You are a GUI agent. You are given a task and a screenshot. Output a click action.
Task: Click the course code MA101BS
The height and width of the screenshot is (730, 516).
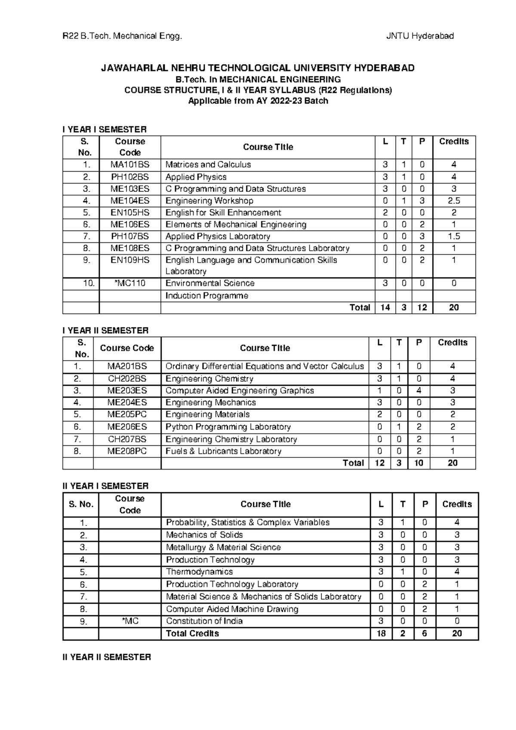130,165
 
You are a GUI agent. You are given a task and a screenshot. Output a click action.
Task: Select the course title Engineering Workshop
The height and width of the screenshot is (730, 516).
209,201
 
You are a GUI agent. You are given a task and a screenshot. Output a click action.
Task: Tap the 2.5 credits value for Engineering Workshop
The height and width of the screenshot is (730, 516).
454,201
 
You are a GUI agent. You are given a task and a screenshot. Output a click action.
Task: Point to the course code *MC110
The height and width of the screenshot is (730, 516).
130,283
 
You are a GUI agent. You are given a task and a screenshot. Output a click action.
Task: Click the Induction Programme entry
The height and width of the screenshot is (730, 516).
207,296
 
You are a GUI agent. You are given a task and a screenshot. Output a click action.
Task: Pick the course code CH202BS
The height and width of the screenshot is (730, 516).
127,379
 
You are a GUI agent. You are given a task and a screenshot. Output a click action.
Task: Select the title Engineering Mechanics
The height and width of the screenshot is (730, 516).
211,402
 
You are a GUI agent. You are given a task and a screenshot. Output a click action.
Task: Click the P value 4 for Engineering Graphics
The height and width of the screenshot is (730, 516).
419,391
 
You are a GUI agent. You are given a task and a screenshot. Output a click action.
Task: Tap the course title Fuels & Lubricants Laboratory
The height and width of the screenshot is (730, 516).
223,451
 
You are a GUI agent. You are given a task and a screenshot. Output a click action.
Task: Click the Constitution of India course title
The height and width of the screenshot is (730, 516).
204,621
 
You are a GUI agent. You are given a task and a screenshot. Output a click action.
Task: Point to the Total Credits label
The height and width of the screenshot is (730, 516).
192,634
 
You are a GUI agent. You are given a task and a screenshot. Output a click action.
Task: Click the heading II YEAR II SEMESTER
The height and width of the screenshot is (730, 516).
107,657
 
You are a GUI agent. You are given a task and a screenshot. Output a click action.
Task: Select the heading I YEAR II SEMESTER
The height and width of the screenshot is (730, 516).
105,331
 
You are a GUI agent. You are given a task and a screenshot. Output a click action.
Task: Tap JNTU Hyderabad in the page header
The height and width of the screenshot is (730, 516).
420,36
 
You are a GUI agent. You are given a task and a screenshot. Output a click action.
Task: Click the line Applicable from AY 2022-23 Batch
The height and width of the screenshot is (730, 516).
258,101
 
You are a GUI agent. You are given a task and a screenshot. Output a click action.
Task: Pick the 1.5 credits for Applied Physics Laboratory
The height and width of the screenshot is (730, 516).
454,236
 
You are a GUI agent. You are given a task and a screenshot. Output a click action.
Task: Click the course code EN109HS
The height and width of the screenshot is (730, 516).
130,260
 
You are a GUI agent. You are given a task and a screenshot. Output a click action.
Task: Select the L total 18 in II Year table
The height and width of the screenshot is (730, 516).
381,634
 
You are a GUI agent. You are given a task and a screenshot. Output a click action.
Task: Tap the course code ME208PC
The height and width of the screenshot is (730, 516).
127,451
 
